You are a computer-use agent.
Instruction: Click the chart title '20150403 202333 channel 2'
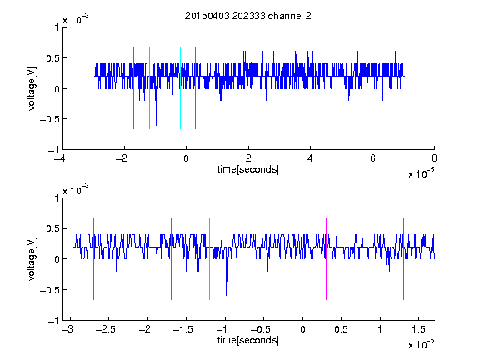(x=248, y=16)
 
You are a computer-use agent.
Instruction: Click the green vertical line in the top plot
(x=149, y=88)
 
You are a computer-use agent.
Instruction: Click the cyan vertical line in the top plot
(x=180, y=88)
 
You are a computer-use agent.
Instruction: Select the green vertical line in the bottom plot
(x=209, y=259)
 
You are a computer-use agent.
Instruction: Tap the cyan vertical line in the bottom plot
(x=287, y=259)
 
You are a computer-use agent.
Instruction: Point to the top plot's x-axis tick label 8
(x=434, y=158)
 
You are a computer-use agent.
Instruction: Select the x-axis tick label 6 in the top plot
(x=372, y=158)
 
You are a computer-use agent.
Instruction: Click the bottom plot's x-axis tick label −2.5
(x=106, y=329)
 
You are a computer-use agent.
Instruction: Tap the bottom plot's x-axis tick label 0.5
(x=341, y=329)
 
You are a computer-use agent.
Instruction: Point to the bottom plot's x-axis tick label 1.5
(x=418, y=329)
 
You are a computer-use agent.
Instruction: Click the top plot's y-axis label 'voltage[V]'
(x=32, y=88)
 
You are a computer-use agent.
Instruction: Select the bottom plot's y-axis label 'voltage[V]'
(x=32, y=259)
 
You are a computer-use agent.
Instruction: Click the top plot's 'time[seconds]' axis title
(x=248, y=169)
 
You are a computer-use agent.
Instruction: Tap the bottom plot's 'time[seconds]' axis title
(x=248, y=340)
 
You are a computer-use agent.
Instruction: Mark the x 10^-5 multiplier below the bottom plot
(x=421, y=344)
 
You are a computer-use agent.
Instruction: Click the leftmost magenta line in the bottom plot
(x=93, y=259)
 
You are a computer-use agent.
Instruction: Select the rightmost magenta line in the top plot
(x=227, y=88)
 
